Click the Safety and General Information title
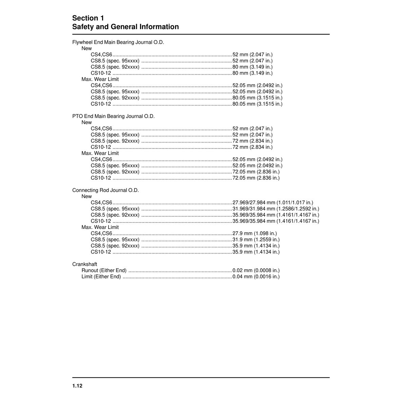pos(125,27)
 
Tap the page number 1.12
pos(77,386)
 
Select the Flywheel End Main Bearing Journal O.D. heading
pos(118,42)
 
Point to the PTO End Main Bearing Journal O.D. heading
pos(113,116)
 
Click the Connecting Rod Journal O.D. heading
pos(105,190)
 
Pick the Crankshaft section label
pos(85,264)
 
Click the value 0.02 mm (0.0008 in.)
pos(256,270)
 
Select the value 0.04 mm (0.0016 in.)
pos(256,276)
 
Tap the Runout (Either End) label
pos(104,270)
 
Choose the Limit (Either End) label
pos(101,276)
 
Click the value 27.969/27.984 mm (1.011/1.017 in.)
pos(273,202)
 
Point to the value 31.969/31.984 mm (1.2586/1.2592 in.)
pos(276,209)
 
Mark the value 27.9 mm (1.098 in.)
pos(255,233)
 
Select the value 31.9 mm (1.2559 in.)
pos(256,239)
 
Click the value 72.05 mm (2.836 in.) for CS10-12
pos(256,178)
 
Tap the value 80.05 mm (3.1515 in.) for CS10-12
pos(257,104)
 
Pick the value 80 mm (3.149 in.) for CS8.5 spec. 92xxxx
pos(253,67)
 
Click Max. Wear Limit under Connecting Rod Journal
pos(100,227)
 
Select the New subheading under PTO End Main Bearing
pos(86,122)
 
